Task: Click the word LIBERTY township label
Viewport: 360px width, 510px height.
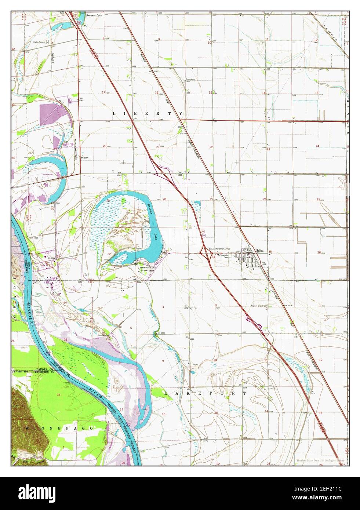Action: click(147, 114)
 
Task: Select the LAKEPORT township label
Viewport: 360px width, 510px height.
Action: click(205, 393)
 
